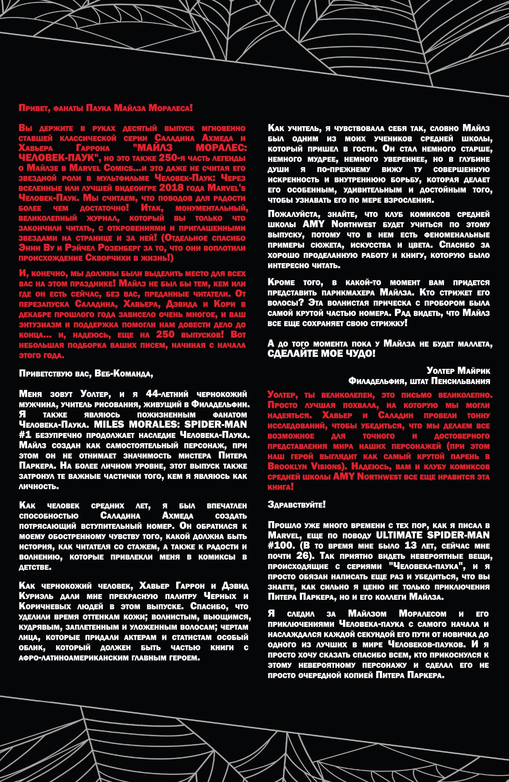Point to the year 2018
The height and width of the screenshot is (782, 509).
point(171,188)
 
